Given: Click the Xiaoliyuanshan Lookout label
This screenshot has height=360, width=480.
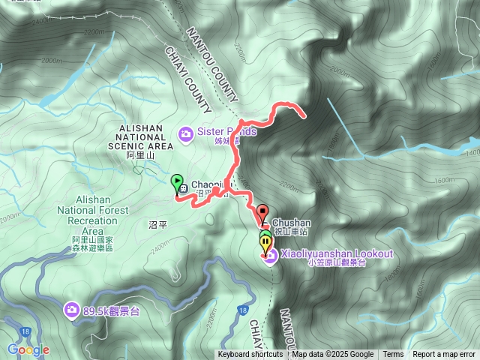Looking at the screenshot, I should coord(337,254).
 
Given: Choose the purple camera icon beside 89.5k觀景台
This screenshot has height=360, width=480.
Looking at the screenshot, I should coord(72,309).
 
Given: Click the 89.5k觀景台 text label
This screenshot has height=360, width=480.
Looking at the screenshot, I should coord(112,310).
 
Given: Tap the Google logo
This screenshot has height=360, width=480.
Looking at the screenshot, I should coord(28,349).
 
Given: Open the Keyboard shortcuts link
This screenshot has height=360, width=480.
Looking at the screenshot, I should coord(250,355).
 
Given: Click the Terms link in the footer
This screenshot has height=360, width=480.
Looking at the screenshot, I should coord(393,355).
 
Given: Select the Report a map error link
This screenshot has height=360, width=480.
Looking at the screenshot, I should coord(444,355).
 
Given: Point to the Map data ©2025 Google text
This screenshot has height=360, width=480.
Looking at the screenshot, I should coord(333,355).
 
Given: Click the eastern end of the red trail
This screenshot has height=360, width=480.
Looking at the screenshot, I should coord(303,116).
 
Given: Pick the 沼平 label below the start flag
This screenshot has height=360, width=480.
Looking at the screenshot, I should coord(157,224).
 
